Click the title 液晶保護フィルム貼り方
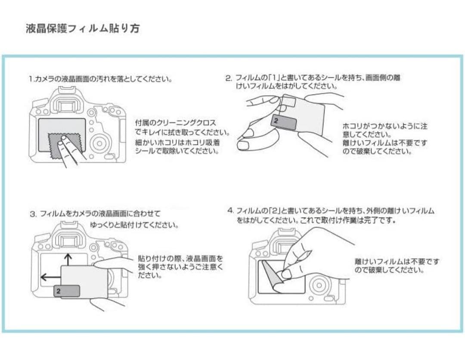pos(83,29)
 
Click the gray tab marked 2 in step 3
pos(67,292)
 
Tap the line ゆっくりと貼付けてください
pos(134,225)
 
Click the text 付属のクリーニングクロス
pos(175,123)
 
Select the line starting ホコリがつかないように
pos(384,126)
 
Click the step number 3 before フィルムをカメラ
pos(32,214)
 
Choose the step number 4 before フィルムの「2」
pos(230,211)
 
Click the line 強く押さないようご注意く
pos(180,267)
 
